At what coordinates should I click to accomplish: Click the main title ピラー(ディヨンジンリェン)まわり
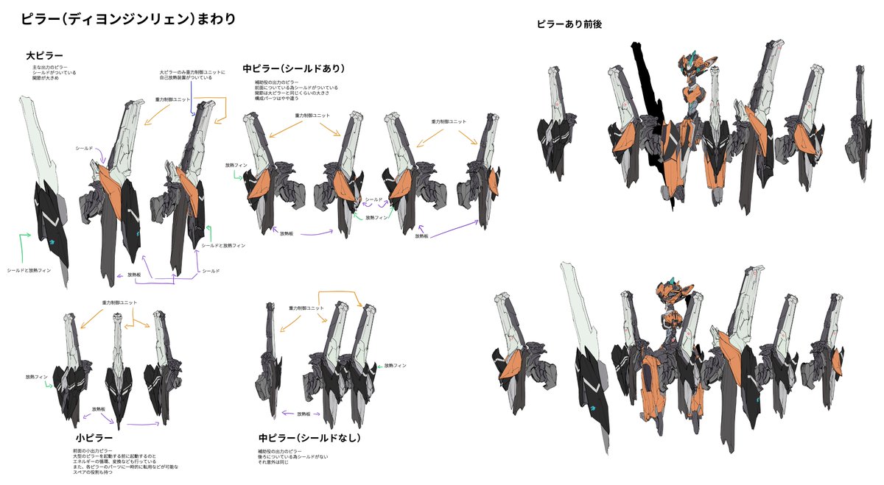click(x=128, y=19)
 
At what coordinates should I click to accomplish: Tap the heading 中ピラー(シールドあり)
click(x=294, y=69)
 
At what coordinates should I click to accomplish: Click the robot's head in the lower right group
click(x=675, y=294)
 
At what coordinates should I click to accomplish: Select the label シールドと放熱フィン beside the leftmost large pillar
click(x=29, y=272)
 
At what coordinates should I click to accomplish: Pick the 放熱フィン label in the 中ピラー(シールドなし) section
click(x=395, y=365)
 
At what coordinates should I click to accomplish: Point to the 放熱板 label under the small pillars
click(x=99, y=409)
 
